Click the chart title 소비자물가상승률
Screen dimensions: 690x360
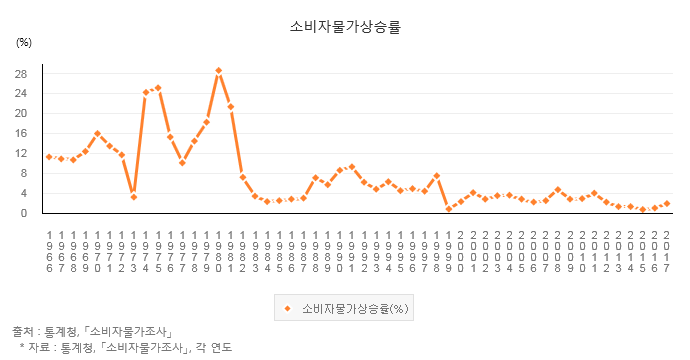[x=345, y=27]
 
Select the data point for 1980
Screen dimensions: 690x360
[x=218, y=71]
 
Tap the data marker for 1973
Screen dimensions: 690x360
[x=134, y=197]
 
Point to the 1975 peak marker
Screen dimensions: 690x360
[x=158, y=88]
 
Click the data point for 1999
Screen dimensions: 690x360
[x=448, y=209]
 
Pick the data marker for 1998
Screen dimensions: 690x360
[x=437, y=176]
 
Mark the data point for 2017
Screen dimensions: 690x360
[x=667, y=204]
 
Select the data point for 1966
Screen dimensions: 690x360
[x=49, y=157]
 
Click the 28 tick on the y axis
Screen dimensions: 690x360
[x=21, y=74]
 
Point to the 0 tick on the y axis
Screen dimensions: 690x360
[x=24, y=213]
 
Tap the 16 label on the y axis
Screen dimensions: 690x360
[x=21, y=133]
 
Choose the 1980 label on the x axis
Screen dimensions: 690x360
[x=218, y=251]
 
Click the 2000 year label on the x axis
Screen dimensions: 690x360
[x=461, y=251]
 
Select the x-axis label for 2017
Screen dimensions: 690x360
[x=667, y=251]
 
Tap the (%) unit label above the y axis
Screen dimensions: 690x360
[x=24, y=43]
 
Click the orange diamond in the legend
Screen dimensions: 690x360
[x=288, y=309]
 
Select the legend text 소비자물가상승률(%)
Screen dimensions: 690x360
[x=355, y=309]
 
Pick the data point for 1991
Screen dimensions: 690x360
[x=352, y=167]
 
